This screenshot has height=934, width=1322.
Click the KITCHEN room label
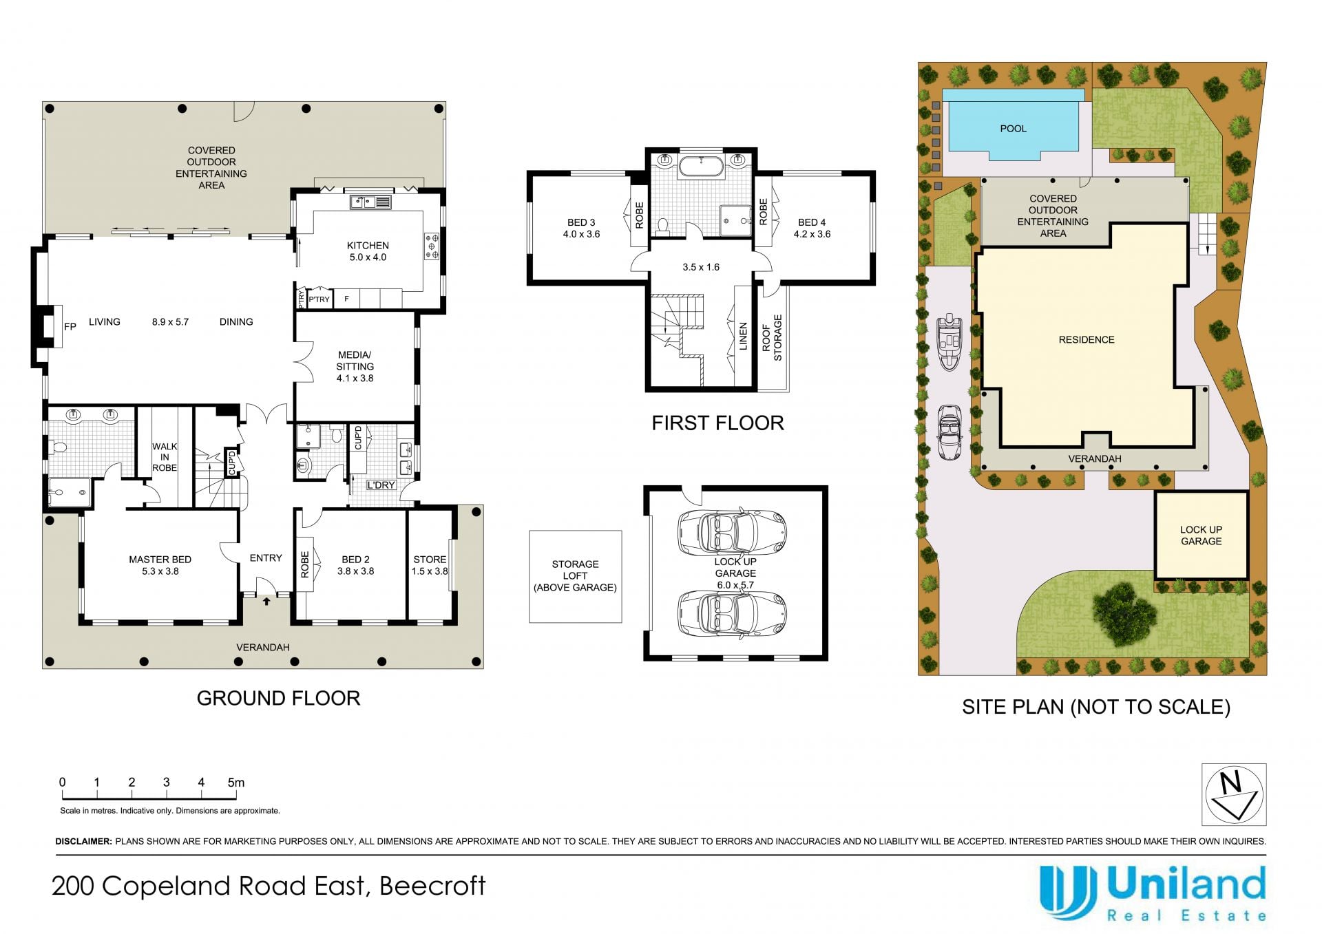click(x=368, y=246)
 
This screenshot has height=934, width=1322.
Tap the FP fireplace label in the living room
click(x=70, y=326)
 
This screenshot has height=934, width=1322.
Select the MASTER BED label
click(x=160, y=560)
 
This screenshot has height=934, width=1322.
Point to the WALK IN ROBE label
click(x=165, y=457)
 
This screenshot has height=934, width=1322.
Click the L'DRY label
click(x=381, y=485)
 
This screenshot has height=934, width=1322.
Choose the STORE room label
click(x=430, y=560)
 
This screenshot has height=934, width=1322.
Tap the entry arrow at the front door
click(x=266, y=601)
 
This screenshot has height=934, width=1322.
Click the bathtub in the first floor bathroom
click(x=701, y=167)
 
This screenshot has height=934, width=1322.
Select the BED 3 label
click(x=581, y=222)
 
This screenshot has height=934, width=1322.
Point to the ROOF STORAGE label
click(x=772, y=338)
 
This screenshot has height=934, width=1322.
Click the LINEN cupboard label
click(x=743, y=337)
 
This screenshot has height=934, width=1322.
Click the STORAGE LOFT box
click(x=576, y=576)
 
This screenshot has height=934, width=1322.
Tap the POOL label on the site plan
click(x=1013, y=129)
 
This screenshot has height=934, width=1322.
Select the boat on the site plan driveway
click(x=949, y=342)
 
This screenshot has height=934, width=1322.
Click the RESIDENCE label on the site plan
click(x=1087, y=340)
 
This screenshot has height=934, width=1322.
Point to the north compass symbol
click(x=1234, y=794)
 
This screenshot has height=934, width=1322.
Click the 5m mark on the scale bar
click(x=236, y=782)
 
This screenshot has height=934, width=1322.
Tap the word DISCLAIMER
click(x=83, y=841)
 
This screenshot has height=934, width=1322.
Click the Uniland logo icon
click(x=1068, y=892)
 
